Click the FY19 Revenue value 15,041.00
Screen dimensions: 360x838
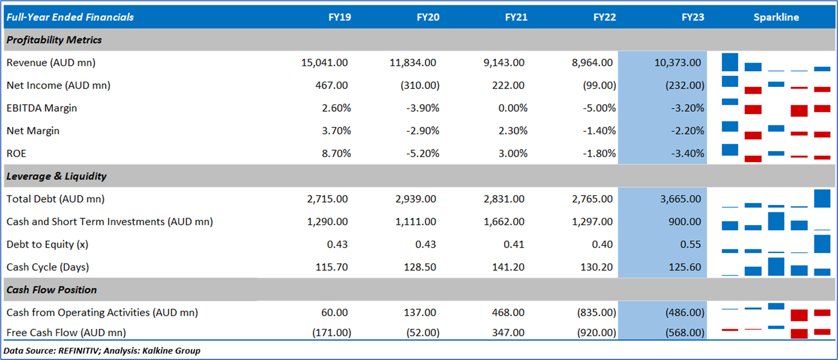pos(325,63)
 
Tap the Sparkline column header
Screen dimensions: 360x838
pos(776,17)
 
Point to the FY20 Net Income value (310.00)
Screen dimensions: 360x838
pos(420,86)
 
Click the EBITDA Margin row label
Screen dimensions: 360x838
pos(42,108)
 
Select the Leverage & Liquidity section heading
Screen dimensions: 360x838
pos(57,177)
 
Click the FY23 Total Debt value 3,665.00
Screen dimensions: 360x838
pos(680,199)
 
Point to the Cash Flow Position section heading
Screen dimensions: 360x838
pos(52,290)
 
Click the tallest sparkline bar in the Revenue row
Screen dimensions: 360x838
pos(730,62)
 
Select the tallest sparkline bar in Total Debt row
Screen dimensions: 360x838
pos(822,199)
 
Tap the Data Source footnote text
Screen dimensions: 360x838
pos(102,351)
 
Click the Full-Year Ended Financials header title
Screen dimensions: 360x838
pos(70,17)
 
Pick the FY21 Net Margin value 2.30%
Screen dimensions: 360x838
pos(511,131)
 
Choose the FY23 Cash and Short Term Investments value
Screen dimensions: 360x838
pos(686,222)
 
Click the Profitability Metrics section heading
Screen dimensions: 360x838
pos(54,40)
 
